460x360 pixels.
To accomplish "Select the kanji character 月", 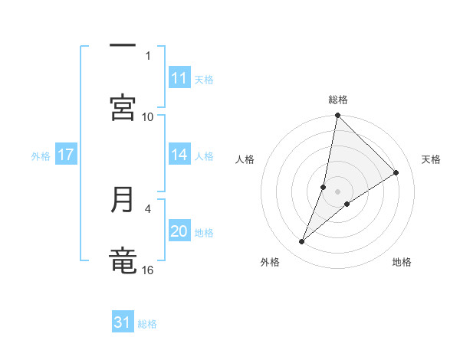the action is click(123, 200).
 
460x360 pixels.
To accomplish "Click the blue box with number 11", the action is click(179, 78).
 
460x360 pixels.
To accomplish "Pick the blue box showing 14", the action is click(179, 155).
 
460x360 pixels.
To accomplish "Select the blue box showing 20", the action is click(179, 231).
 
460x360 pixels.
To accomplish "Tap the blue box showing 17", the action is click(66, 155).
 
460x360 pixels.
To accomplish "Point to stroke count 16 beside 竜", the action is click(148, 270).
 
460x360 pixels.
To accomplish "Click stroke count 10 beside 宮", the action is click(148, 116).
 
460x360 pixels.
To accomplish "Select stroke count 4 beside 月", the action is click(148, 208).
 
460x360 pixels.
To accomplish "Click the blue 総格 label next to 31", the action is click(147, 324).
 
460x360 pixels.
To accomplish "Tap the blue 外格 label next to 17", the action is click(41, 155).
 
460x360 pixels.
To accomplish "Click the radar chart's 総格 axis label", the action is click(338, 100).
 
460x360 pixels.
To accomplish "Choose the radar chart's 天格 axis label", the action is click(431, 159).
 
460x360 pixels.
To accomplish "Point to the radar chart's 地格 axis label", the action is click(402, 262).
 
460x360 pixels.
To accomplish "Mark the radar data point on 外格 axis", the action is click(302, 242).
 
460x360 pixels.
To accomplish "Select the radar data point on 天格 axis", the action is click(396, 173).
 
